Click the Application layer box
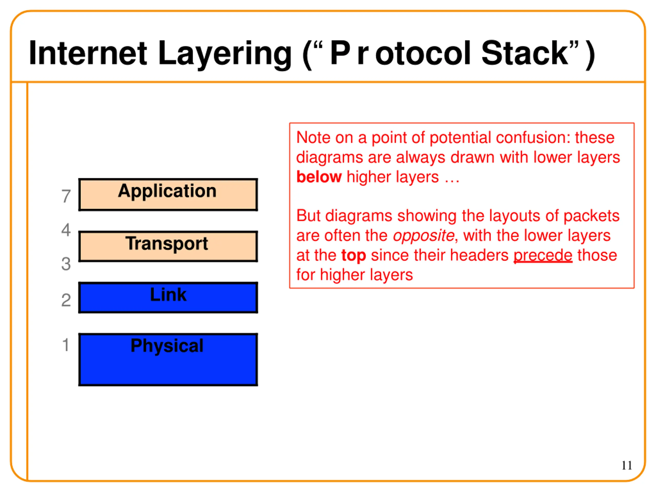(168, 195)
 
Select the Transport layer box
(168, 247)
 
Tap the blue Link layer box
(168, 298)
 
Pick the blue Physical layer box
(168, 360)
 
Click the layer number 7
(66, 196)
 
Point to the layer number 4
(66, 230)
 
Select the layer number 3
(66, 264)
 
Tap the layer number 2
(66, 300)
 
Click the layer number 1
(66, 345)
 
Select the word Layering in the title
(225, 53)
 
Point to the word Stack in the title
(524, 53)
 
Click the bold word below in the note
(319, 177)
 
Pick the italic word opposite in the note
(424, 236)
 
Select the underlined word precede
(543, 255)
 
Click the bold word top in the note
(354, 255)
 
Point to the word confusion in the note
(533, 138)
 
